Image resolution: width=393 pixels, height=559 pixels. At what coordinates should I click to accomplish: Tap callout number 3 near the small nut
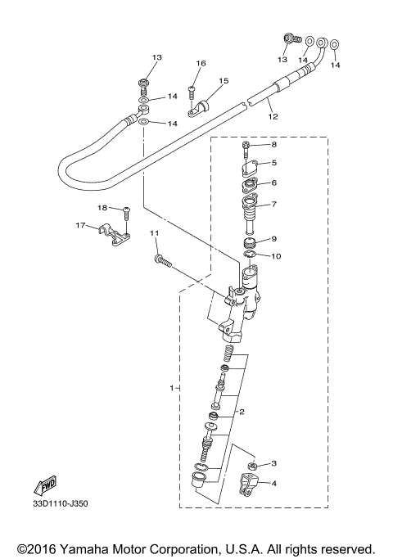tap(273, 463)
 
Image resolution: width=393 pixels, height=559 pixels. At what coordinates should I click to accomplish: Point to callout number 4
tap(273, 483)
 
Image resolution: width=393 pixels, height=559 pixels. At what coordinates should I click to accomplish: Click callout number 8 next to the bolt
tap(274, 145)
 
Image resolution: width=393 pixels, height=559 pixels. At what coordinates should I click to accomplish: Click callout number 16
tap(201, 63)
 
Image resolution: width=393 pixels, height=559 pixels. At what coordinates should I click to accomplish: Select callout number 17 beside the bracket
tap(81, 225)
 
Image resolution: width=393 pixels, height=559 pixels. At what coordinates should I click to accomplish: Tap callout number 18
tap(103, 208)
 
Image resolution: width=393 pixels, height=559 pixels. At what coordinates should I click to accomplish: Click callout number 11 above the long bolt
tap(153, 234)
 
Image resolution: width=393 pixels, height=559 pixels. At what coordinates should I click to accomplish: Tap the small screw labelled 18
tap(126, 214)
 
